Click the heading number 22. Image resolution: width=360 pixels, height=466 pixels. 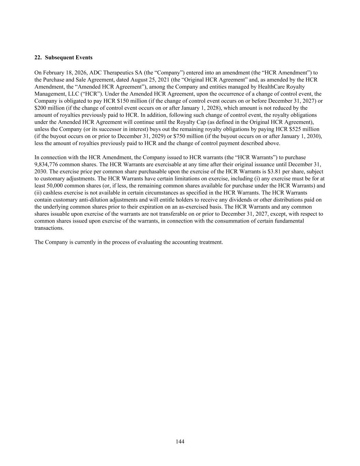click(x=38, y=57)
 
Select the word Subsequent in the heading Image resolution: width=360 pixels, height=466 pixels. click(x=57, y=57)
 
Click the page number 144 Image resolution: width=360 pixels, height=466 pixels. click(x=180, y=442)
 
